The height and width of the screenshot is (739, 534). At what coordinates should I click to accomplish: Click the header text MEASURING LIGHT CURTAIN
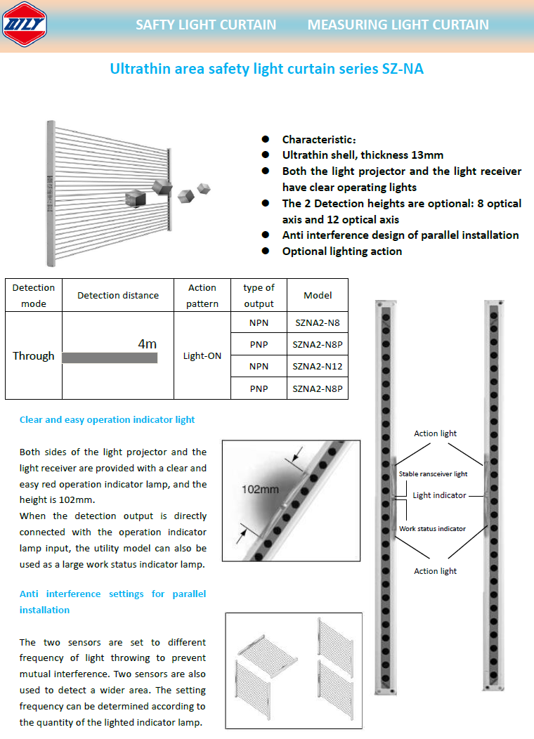[x=398, y=25]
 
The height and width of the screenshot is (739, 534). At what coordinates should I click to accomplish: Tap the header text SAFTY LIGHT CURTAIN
[x=206, y=25]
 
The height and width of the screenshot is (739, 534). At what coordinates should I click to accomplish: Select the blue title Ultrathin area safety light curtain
[x=266, y=69]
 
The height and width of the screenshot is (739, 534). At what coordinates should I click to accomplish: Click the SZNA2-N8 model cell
[x=318, y=323]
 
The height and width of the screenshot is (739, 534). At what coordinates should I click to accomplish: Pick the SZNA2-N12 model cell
[x=318, y=367]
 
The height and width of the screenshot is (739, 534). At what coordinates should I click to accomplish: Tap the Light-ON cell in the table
[x=202, y=356]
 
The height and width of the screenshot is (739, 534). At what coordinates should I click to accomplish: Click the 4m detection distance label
[x=147, y=344]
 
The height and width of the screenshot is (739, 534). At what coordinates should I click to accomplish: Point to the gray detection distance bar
[x=110, y=358]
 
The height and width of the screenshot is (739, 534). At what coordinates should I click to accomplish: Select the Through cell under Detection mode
[x=33, y=356]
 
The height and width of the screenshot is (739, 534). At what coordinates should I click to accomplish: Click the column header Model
[x=318, y=296]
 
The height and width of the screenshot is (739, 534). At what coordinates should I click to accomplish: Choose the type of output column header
[x=259, y=296]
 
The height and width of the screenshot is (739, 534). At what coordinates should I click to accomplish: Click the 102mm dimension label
[x=261, y=489]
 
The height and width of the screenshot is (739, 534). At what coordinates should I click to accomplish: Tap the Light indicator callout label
[x=439, y=495]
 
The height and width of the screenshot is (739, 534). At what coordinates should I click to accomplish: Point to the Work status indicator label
[x=432, y=529]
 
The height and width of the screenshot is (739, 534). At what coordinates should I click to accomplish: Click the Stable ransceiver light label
[x=433, y=474]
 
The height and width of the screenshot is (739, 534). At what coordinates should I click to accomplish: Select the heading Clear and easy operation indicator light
[x=108, y=420]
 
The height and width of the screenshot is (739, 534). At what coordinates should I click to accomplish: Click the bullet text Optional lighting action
[x=342, y=251]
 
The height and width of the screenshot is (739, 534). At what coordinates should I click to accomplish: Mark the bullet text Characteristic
[x=319, y=139]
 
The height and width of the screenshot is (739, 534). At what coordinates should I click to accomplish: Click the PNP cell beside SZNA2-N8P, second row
[x=259, y=345]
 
